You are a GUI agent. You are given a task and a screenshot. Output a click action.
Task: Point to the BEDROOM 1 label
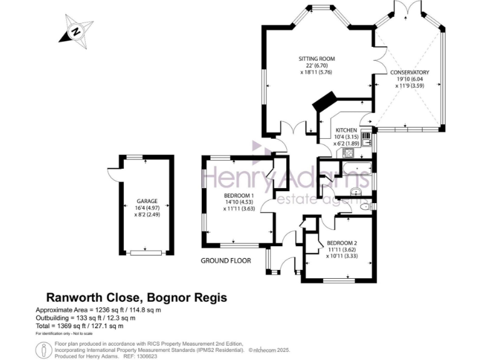pos(238,195)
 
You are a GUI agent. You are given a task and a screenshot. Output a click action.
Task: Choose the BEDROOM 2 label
pos(341,242)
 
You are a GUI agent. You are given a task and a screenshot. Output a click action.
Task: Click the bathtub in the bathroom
pos(356,167)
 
